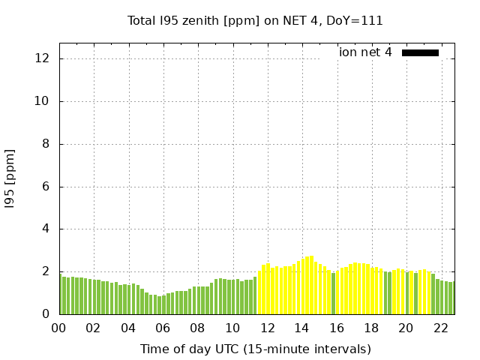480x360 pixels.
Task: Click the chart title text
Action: coord(255,21)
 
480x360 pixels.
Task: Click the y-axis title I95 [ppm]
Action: coord(10,178)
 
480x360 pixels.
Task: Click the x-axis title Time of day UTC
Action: coord(255,349)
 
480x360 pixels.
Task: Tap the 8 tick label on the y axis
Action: coord(46,144)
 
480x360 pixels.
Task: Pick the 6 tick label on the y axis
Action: coord(46,187)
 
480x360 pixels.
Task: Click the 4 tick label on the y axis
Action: coord(46,229)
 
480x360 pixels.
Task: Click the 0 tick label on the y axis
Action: coord(46,314)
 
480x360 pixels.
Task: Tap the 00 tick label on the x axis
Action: coord(58,328)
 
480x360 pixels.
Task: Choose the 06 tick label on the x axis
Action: coord(163,328)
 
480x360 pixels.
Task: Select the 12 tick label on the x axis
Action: coord(267,328)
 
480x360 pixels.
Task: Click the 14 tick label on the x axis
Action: coord(301,328)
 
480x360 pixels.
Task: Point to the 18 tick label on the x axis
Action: coord(370,328)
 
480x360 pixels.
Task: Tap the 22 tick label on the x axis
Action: coord(440,328)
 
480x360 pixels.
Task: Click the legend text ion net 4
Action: coord(365,52)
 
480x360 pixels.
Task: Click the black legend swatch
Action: coord(420,52)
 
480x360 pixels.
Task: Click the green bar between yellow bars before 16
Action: coord(334,293)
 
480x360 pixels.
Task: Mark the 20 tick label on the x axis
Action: coord(406,328)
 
